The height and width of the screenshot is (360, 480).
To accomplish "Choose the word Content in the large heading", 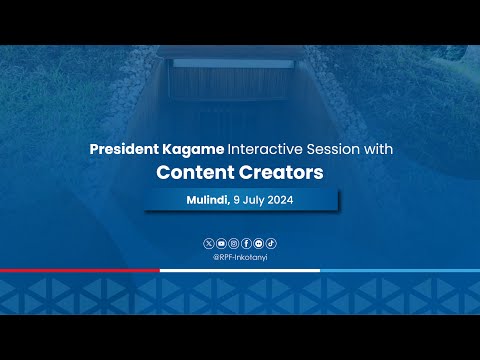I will tap(196, 172).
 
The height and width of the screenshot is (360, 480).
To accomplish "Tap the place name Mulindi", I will tap(207, 200).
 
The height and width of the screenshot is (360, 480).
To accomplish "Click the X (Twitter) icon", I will tap(208, 243).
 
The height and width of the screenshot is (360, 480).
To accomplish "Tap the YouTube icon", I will tap(221, 243).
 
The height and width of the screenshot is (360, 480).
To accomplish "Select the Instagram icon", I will tap(234, 243).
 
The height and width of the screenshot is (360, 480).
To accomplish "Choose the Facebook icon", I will tap(246, 243).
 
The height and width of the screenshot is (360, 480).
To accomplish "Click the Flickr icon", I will tap(259, 243).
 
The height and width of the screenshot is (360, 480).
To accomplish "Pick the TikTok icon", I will tap(271, 243).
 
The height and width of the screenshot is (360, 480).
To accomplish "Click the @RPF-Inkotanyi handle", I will tap(240, 256).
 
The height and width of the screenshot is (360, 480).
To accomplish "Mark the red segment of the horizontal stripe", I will tap(80, 270).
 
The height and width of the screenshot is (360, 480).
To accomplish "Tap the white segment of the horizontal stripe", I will tap(240, 270).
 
